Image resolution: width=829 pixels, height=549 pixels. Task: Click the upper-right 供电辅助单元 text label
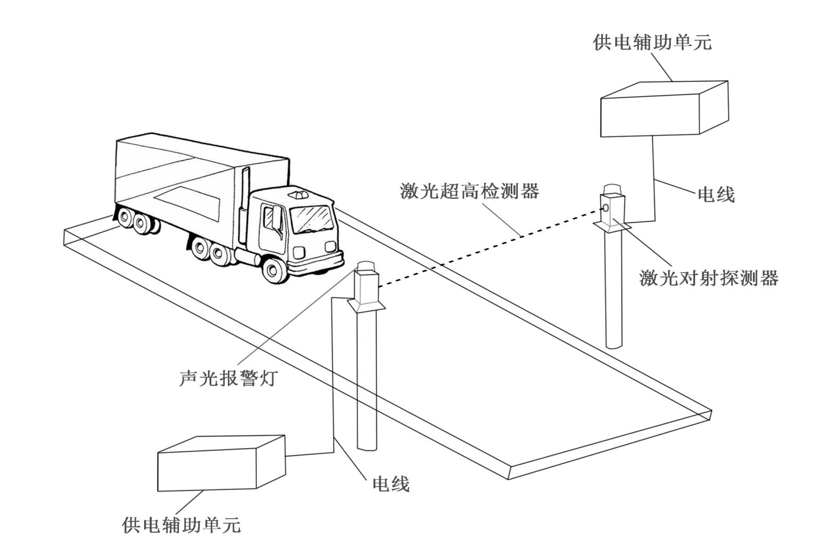652,42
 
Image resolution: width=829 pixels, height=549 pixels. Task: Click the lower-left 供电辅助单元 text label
181,525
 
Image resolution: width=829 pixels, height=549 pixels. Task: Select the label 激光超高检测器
469,190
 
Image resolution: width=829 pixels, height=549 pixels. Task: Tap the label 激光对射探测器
708,278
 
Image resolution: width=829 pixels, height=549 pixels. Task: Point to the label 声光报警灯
228,378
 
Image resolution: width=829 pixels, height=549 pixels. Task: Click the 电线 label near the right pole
716,195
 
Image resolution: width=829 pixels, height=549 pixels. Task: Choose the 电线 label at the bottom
391,484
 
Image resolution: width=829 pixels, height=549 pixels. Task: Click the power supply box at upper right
664,109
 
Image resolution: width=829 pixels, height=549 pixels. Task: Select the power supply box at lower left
221,463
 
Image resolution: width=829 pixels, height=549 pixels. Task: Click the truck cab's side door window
274,218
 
